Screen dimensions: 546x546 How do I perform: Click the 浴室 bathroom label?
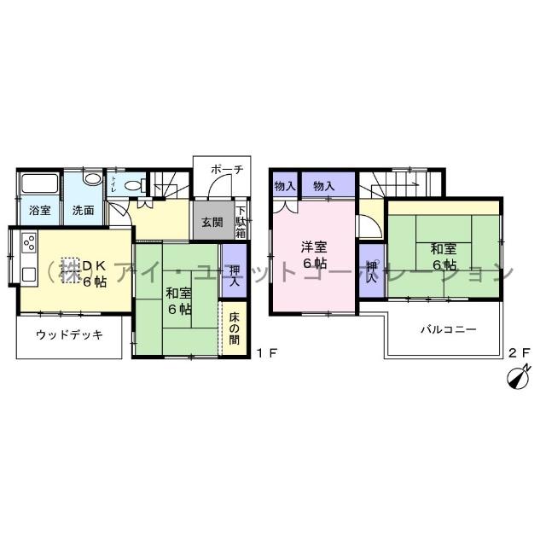pyautogui.click(x=38, y=210)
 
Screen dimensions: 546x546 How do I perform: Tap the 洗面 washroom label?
pyautogui.click(x=83, y=210)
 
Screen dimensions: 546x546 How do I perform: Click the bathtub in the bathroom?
pyautogui.click(x=39, y=185)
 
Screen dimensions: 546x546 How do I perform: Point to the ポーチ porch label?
pyautogui.click(x=226, y=169)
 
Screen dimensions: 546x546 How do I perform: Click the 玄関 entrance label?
pyautogui.click(x=212, y=222)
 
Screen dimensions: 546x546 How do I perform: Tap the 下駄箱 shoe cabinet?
pyautogui.click(x=241, y=222)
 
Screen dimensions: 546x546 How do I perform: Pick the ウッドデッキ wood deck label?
pyautogui.click(x=70, y=334)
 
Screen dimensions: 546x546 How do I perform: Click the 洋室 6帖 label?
pyautogui.click(x=313, y=254)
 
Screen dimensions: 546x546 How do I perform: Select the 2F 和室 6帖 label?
pyautogui.click(x=442, y=256)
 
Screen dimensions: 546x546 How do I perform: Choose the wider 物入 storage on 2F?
pyautogui.click(x=323, y=185)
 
